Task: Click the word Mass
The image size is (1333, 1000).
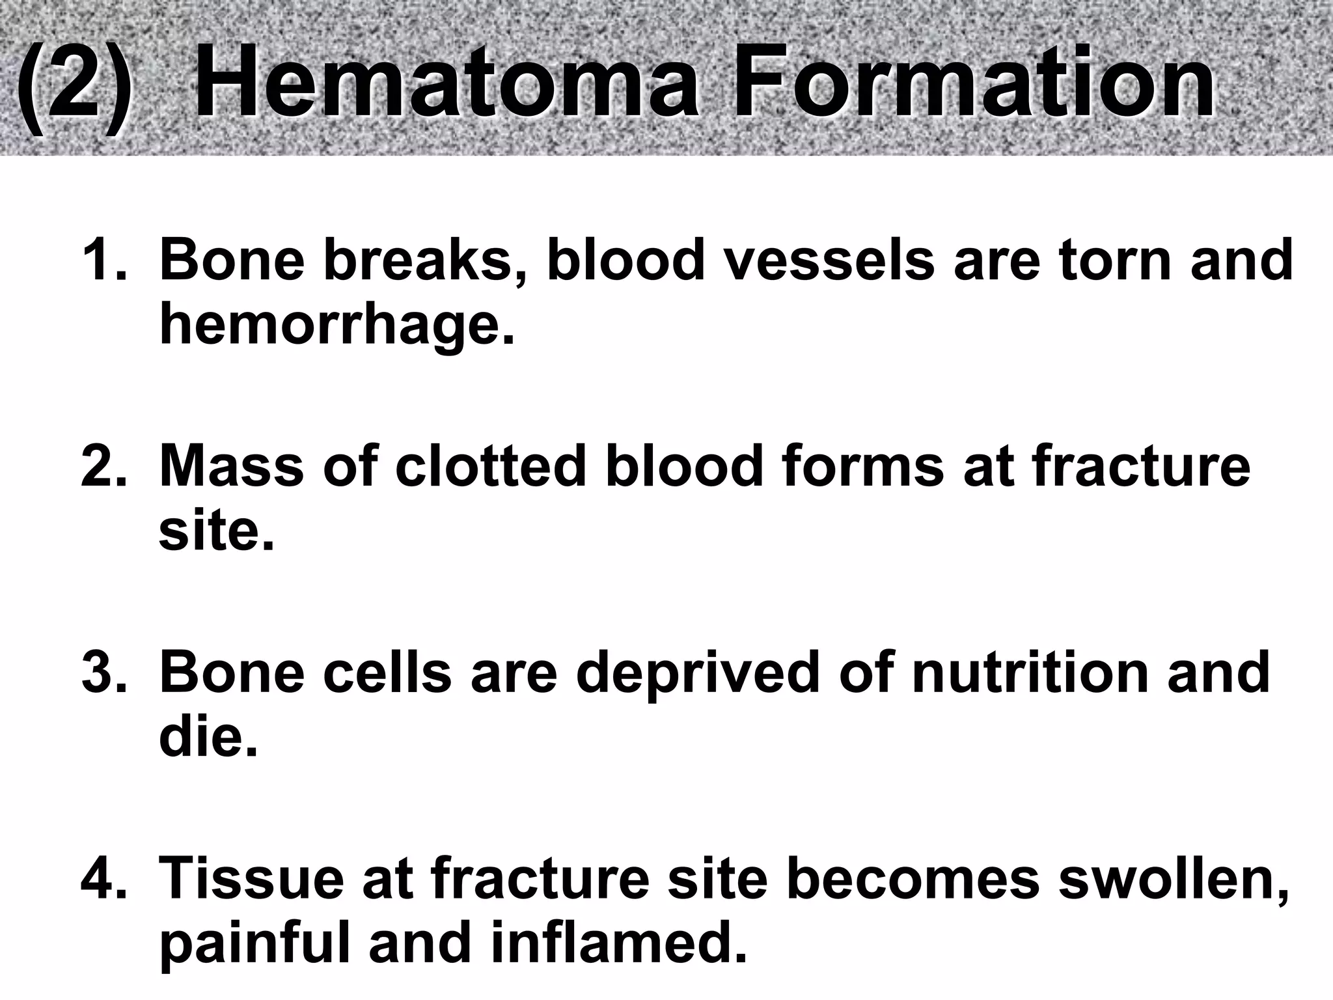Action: point(232,466)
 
